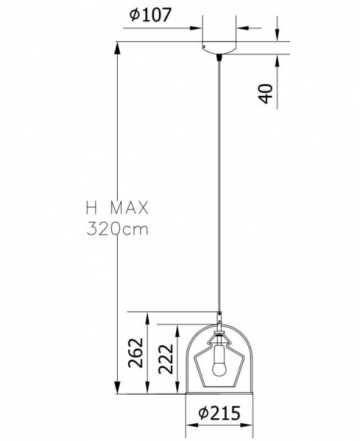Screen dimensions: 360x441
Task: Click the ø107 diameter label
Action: [150, 14]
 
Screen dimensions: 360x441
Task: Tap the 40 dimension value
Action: [265, 94]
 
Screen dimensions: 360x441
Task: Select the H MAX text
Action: [117, 208]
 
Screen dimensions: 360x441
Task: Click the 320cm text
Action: [118, 229]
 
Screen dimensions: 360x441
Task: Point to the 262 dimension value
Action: [136, 353]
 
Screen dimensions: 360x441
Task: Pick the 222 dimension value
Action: [166, 359]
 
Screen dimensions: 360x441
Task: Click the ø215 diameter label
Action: [220, 413]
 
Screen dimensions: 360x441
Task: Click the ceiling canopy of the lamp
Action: [219, 48]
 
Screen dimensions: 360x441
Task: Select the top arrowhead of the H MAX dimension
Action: [118, 49]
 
